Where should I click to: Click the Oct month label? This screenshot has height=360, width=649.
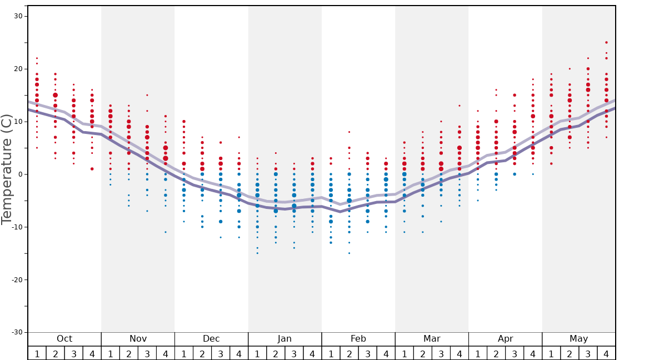tap(64, 339)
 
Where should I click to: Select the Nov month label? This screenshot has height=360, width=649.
tap(138, 339)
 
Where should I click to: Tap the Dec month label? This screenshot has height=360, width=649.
tap(211, 339)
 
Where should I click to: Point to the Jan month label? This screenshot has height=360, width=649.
tap(284, 339)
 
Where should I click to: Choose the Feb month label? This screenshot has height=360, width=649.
tap(358, 339)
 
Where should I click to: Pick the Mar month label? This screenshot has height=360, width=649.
tap(432, 339)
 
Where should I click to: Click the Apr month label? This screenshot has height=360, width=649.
tap(505, 339)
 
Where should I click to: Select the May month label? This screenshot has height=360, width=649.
tap(578, 339)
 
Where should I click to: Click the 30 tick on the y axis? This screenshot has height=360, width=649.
tap(18, 16)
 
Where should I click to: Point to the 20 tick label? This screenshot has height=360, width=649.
tap(18, 69)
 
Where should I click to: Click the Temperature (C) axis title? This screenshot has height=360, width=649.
tap(7, 169)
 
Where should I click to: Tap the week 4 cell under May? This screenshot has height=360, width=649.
tap(606, 353)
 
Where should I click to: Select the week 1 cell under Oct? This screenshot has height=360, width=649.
tap(37, 353)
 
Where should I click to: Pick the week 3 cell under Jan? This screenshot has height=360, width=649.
tap(294, 353)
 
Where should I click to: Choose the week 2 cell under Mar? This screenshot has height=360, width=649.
tap(422, 353)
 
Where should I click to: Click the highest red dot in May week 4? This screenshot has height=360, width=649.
tap(606, 42)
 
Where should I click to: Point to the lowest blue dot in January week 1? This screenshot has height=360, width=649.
tap(257, 253)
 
